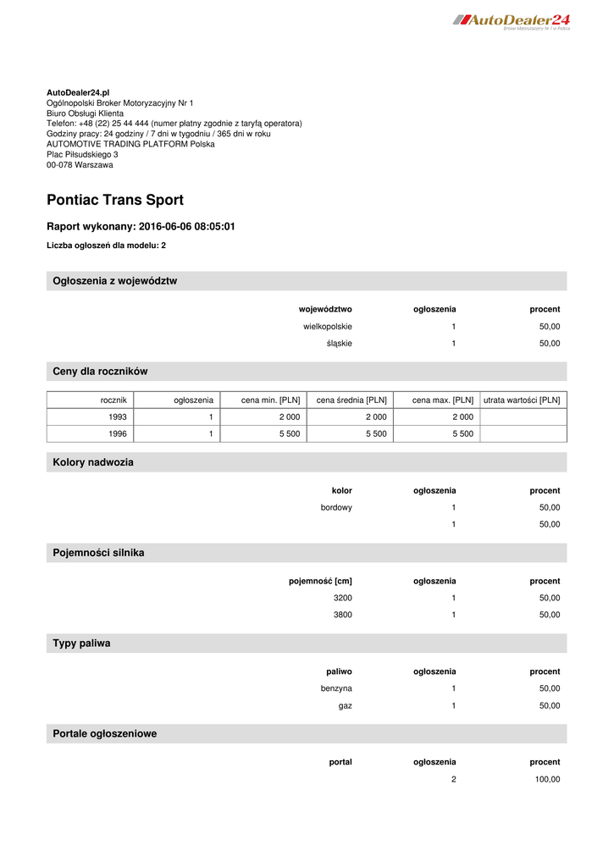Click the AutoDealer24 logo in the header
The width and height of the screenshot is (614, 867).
coord(512,20)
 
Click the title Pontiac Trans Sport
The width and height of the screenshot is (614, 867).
coord(115,201)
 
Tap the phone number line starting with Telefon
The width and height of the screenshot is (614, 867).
coord(174,124)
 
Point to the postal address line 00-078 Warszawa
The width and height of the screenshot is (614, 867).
coord(80,165)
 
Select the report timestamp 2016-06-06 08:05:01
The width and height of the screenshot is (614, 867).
coord(186,227)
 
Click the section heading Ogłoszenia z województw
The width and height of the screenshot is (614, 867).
coord(115,281)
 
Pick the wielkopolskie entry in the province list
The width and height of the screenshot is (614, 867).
coord(328,326)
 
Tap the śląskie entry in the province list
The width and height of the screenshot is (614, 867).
coord(340,344)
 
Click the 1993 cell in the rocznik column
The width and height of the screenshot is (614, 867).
coord(118,417)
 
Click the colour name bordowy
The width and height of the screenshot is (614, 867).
coord(336,507)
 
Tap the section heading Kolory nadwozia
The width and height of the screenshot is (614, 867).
coord(93,462)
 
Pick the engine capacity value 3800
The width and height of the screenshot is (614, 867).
coord(343,615)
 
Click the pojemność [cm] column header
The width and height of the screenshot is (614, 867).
coord(320,581)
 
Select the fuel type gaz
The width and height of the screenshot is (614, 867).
coord(345,705)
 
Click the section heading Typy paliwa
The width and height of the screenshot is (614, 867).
coord(81,643)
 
